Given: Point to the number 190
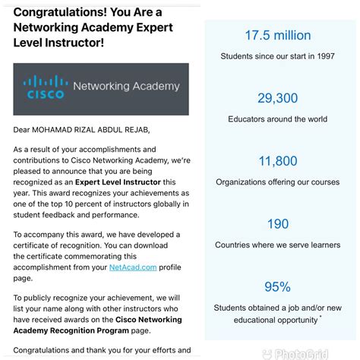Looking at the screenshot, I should [x=276, y=224].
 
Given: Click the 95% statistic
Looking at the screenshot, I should [x=276, y=286].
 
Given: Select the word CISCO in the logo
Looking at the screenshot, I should [x=45, y=95].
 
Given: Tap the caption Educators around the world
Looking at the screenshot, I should [x=277, y=119].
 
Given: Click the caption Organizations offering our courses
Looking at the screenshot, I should [x=277, y=182].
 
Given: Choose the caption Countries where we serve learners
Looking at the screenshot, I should [x=277, y=245].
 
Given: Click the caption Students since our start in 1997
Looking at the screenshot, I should [x=277, y=56].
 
